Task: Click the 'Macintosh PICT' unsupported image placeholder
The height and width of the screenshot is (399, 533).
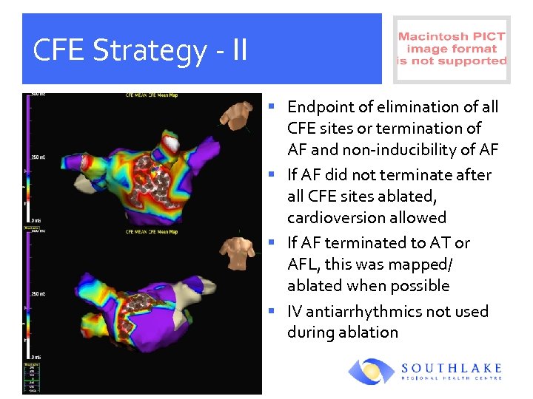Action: pos(452,49)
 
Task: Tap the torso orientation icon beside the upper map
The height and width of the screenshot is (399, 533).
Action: pos(237,117)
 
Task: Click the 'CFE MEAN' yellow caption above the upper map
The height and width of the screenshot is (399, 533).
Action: pos(135,95)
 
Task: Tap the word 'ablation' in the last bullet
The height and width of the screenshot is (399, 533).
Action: pos(368,332)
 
